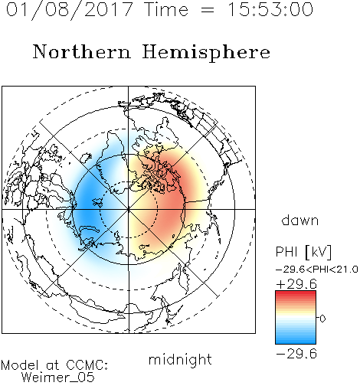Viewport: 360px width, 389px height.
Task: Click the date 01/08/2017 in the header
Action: pos(69,10)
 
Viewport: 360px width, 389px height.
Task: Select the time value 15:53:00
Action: pos(270,9)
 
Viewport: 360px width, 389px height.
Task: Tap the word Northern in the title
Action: pos(82,51)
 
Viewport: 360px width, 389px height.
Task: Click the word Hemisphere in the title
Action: pos(206,53)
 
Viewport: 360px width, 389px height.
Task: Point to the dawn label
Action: pos(300,220)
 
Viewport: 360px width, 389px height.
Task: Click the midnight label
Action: pos(180,359)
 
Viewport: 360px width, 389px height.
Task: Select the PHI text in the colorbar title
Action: pos(286,252)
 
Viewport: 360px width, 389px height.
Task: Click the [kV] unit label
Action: pos(319,252)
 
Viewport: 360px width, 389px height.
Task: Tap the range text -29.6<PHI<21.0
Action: pos(317,270)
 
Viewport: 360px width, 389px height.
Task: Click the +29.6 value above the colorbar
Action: pos(296,284)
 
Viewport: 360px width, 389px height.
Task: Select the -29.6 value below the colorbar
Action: pos(296,354)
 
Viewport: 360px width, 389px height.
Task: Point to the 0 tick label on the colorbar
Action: pos(322,319)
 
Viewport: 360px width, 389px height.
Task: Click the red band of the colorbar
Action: pos(296,296)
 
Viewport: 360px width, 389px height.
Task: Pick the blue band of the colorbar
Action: pos(296,338)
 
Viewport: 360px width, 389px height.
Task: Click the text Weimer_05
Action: pos(58,378)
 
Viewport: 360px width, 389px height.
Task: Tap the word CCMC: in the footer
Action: pos(87,365)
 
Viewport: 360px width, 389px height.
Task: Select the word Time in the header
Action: pos(166,10)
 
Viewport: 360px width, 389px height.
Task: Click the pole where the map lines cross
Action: pos(129,209)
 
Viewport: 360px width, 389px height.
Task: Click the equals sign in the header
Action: pos(208,10)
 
